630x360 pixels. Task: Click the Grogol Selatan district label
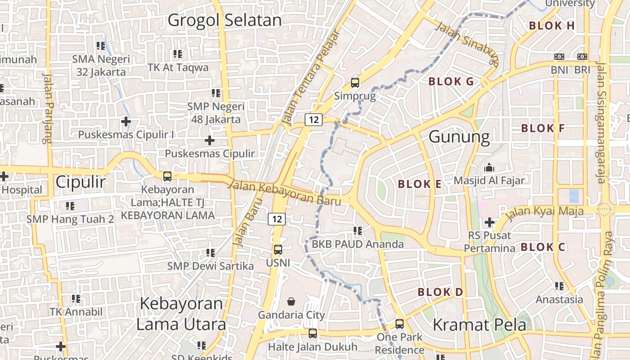(x=225, y=20)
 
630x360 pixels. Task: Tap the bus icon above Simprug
(x=355, y=83)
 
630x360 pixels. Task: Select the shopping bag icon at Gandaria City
(x=292, y=301)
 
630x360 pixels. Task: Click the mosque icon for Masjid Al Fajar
(x=489, y=168)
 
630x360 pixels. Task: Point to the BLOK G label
(x=451, y=81)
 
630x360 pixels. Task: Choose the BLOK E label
(x=419, y=184)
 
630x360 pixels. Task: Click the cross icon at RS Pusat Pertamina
(x=490, y=222)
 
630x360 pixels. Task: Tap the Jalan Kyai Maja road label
(x=544, y=211)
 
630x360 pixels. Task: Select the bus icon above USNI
(x=278, y=249)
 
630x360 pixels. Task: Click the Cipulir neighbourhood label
(x=81, y=182)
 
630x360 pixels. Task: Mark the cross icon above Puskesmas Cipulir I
(x=126, y=121)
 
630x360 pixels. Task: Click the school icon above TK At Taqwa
(x=178, y=54)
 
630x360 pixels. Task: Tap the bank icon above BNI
(x=559, y=57)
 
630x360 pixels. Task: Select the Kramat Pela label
(x=479, y=324)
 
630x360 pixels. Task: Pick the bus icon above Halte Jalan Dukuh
(x=312, y=333)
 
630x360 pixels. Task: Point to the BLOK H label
(x=552, y=26)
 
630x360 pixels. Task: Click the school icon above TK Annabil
(x=76, y=298)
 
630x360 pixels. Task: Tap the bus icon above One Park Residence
(x=400, y=324)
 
